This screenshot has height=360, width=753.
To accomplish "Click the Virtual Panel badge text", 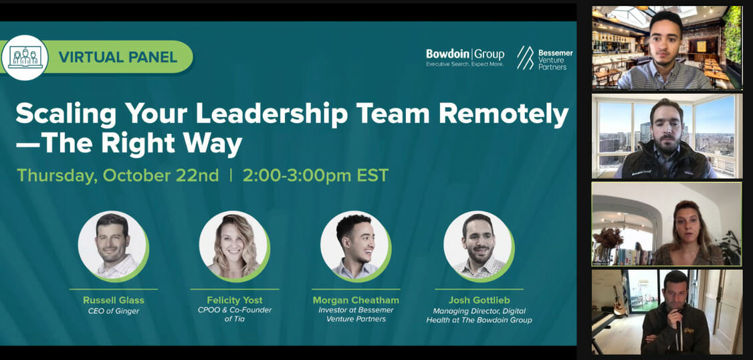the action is pos(118,57).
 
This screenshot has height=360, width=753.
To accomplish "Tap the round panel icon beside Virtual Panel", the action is pos(25,57).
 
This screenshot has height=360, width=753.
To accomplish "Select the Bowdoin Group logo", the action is pos(465,58).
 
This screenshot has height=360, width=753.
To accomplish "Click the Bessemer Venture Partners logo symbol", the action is pos(525,58).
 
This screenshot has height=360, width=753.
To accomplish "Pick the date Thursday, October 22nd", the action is pos(118,175).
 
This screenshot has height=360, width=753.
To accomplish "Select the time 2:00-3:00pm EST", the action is pos(316,175).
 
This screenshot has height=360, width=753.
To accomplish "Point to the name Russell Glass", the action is pos(113,300).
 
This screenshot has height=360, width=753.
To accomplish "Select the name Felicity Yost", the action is pos(235,300).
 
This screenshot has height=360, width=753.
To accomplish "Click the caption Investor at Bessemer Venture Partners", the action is pos(356,314).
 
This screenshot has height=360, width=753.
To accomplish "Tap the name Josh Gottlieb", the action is pos(479,300).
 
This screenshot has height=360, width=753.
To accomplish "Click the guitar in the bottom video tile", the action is pos(619,301).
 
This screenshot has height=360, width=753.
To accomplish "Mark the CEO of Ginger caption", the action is pos(113,311).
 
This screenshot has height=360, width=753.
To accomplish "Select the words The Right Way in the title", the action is pos(129,144).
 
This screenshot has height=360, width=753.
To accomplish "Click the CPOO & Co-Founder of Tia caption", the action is pos(235,314).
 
